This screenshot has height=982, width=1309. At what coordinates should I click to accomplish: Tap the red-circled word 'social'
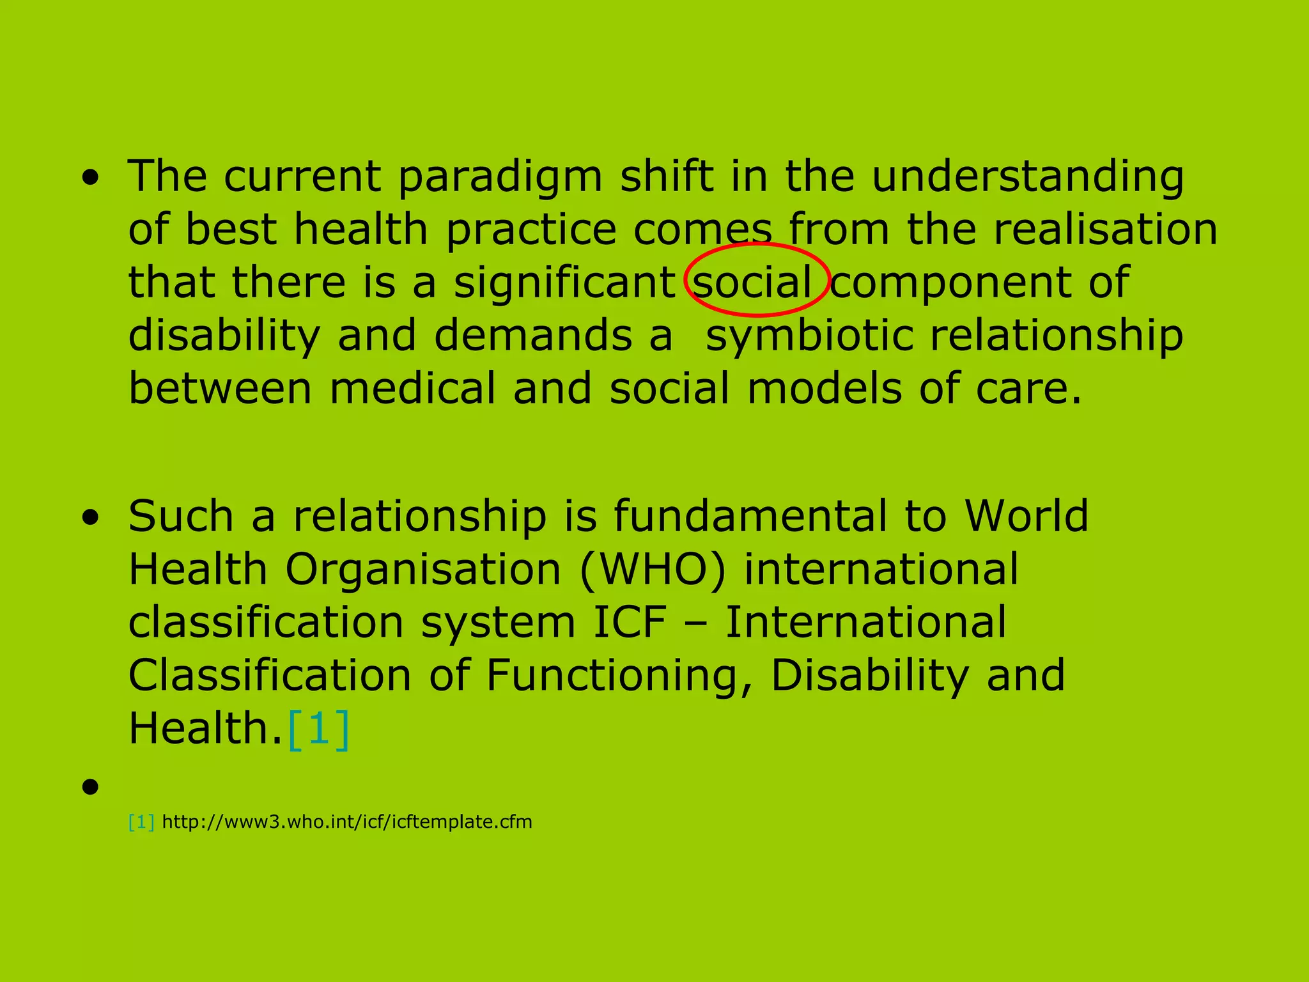pyautogui.click(x=752, y=283)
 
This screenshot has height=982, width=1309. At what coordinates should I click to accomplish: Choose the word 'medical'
pyautogui.click(x=412, y=389)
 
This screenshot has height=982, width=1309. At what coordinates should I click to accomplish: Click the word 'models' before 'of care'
pyautogui.click(x=825, y=389)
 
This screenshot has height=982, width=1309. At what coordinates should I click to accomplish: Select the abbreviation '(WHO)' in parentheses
pyautogui.click(x=653, y=570)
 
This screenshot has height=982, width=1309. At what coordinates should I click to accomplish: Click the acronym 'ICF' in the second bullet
pyautogui.click(x=630, y=623)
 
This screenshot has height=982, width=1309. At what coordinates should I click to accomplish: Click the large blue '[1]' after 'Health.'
pyautogui.click(x=318, y=729)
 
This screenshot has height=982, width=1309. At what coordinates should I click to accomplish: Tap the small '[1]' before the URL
pyautogui.click(x=141, y=822)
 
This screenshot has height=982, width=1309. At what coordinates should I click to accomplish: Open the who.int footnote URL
pyautogui.click(x=347, y=822)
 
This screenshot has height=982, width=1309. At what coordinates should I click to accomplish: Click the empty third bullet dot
pyautogui.click(x=91, y=786)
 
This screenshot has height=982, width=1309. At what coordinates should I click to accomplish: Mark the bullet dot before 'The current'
pyautogui.click(x=91, y=178)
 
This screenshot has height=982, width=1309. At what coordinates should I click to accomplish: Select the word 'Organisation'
pyautogui.click(x=422, y=570)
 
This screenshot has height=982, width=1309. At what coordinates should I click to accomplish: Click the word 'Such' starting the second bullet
pyautogui.click(x=181, y=516)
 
